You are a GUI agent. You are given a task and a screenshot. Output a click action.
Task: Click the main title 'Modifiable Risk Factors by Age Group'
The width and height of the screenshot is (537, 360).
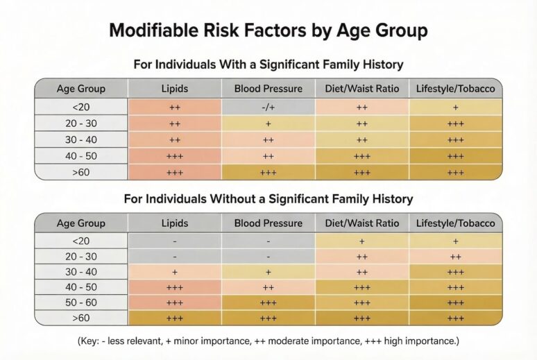268,31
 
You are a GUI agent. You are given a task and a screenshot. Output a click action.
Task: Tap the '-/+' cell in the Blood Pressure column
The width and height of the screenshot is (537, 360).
268,107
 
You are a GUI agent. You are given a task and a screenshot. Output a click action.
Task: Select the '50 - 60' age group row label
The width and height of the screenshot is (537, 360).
80,302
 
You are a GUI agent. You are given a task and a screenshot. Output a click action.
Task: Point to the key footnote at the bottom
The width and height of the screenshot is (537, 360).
268,341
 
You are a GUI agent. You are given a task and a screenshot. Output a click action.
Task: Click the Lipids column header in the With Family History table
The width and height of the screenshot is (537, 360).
175,89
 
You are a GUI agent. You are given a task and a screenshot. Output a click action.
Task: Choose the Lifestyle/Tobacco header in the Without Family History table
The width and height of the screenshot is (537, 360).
455,223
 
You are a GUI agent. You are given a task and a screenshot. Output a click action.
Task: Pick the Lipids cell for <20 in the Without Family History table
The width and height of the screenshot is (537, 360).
175,241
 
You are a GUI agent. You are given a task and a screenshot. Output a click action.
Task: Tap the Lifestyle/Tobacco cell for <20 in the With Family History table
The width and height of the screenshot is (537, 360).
455,107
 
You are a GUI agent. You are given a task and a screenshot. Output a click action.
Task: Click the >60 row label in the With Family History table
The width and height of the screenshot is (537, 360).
80,172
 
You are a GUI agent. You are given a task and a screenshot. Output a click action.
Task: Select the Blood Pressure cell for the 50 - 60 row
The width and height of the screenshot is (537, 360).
268,302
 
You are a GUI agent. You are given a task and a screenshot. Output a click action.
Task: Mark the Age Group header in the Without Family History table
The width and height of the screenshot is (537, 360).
80,223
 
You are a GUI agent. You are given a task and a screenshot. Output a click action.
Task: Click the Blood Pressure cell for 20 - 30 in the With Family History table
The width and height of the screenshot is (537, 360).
268,123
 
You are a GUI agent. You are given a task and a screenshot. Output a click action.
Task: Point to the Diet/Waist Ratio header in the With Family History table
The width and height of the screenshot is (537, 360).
361,89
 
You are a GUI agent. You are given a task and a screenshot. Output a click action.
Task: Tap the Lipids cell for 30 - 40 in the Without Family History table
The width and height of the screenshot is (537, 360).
175,272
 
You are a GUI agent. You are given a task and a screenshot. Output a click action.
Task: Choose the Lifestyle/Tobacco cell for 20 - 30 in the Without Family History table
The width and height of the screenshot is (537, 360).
455,256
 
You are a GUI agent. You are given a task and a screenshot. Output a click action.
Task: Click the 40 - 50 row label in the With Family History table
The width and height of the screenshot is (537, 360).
80,156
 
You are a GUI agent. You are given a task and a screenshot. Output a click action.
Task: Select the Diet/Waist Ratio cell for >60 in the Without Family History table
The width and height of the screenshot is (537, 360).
361,318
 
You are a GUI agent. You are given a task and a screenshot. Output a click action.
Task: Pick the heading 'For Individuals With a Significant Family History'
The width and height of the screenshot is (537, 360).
268,65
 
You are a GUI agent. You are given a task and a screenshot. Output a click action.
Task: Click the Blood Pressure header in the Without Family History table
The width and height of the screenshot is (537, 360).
268,223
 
